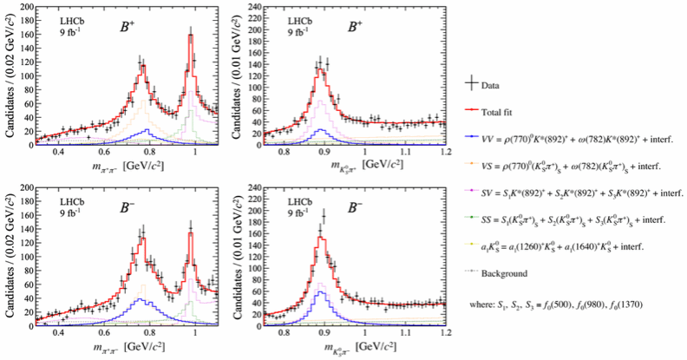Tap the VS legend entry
tap(568, 163)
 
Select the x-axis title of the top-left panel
tap(117, 167)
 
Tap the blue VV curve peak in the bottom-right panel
tap(320, 292)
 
